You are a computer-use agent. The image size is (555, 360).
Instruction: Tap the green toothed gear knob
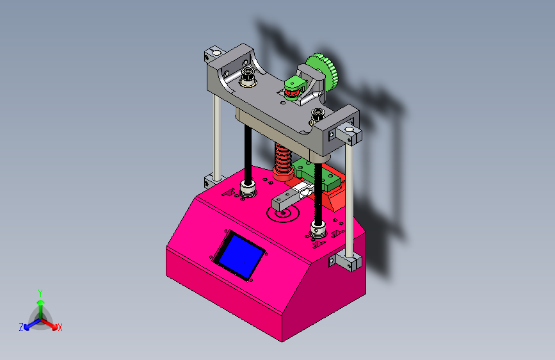pos(322,72)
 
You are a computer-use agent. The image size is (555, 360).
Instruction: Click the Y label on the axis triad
pos(40,293)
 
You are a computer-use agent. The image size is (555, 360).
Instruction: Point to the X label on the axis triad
pos(60,328)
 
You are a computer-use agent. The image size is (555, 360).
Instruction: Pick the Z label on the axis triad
pos(21,327)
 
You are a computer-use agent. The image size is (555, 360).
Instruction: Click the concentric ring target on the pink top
pos(283,213)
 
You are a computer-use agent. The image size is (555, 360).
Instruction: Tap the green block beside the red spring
pos(316,174)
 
